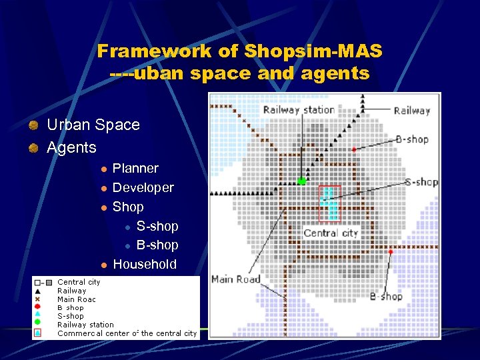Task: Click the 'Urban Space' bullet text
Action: point(93,125)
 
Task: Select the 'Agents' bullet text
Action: point(71,147)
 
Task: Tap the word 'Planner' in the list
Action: point(135,169)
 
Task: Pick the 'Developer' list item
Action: point(143,188)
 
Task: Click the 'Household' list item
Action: point(145,264)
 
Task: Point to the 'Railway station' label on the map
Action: point(299,109)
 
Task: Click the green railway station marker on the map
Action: point(302,181)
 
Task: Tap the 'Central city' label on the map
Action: point(331,233)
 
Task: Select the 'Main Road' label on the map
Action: point(235,279)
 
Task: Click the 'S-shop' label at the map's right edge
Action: point(421,182)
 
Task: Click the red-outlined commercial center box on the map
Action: point(330,203)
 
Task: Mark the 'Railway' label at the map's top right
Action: point(411,111)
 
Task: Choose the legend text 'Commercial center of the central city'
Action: point(127,333)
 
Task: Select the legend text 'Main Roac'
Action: point(76,299)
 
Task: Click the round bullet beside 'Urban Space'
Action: point(33,125)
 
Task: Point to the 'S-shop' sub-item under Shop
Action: point(157,226)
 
